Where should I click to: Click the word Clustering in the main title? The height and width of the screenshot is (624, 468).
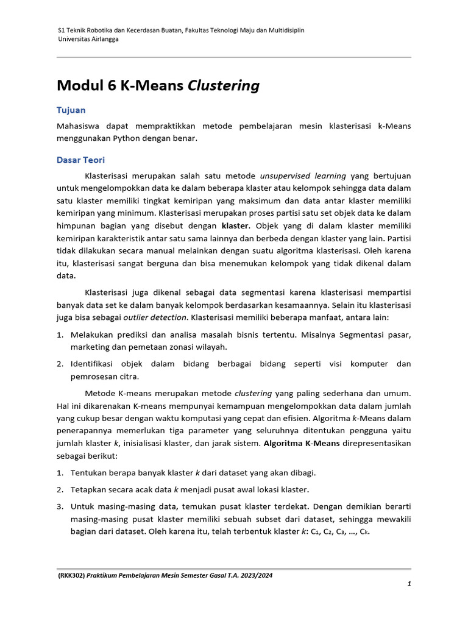(223, 86)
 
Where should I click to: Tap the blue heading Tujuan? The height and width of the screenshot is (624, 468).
(71, 110)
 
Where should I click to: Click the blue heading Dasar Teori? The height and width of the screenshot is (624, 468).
(80, 160)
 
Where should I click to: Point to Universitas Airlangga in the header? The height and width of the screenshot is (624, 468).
(88, 39)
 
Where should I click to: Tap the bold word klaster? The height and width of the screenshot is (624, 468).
(235, 225)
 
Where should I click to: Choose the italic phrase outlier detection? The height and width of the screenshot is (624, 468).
(155, 317)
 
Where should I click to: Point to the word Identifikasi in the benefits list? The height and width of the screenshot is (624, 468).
(94, 364)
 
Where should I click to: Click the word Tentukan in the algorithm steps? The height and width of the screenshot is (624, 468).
(90, 473)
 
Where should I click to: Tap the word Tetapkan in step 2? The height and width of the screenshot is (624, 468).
(90, 489)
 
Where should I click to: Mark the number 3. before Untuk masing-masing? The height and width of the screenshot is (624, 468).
(60, 506)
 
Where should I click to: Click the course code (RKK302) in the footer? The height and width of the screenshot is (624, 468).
(71, 575)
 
